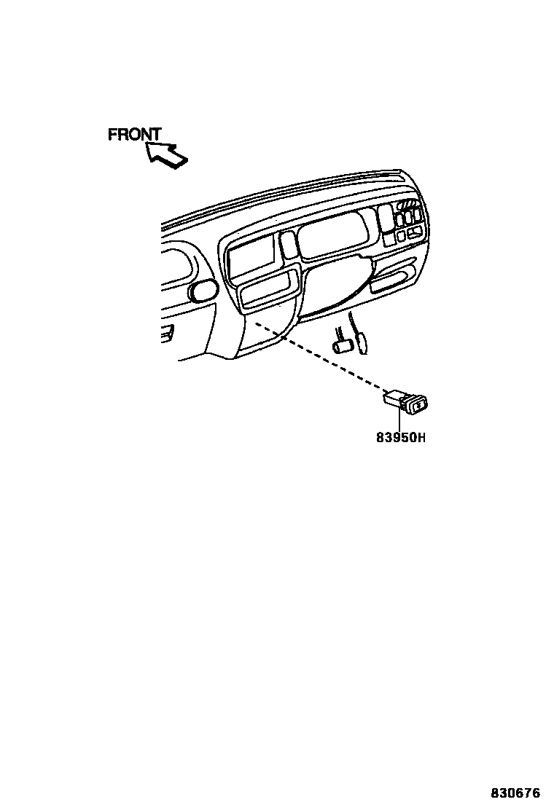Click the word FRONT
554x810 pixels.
point(134,135)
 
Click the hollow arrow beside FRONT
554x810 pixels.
point(165,154)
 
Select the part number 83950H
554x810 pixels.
point(400,439)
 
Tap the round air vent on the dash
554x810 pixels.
point(202,291)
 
